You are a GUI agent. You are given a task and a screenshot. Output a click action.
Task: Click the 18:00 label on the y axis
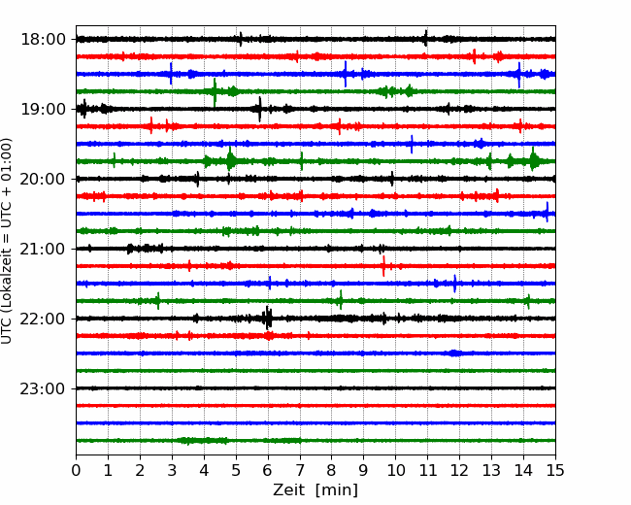point(43,40)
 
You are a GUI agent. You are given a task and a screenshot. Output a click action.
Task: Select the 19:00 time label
point(43,109)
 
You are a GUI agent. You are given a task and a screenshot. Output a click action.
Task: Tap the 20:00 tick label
point(43,179)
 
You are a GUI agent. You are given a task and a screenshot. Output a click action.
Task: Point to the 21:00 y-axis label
point(43,249)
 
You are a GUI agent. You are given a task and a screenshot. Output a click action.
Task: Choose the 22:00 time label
point(43,319)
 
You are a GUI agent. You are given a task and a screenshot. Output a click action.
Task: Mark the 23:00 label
point(43,388)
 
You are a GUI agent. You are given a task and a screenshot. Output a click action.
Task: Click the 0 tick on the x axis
point(76,470)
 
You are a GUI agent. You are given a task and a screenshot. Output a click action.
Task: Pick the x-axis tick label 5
point(236,470)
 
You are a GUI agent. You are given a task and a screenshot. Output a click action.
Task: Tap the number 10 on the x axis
point(395,470)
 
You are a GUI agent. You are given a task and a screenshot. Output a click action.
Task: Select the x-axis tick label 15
point(555,470)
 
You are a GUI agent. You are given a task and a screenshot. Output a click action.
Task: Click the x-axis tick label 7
point(300,470)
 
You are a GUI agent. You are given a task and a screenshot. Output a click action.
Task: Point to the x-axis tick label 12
point(459,470)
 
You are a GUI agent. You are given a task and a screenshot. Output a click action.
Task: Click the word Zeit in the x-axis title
point(288,489)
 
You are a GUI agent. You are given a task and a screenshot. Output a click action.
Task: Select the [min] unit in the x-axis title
point(337,490)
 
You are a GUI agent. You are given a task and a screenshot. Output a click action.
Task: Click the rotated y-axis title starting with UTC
point(6,241)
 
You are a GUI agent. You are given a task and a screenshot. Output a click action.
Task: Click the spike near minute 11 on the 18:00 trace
point(426,38)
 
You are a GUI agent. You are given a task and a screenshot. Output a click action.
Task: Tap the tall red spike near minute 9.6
point(383,266)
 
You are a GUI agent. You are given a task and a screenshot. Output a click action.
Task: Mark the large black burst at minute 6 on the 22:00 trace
point(268,319)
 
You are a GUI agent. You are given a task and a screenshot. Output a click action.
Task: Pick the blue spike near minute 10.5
point(412,144)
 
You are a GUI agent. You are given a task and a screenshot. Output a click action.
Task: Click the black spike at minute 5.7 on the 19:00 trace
point(259,109)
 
